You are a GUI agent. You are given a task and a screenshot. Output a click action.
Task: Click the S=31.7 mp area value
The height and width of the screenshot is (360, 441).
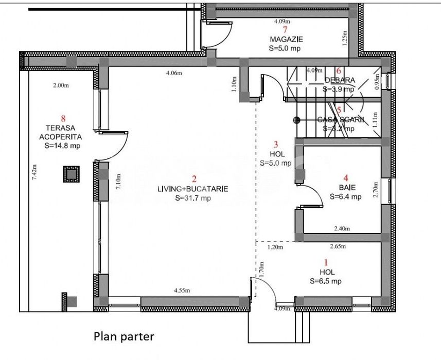coord(193,198)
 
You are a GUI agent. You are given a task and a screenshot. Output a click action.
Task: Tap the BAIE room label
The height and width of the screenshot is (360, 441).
coord(346,187)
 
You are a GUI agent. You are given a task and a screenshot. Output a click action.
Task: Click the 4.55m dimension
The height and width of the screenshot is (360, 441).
coord(181,291)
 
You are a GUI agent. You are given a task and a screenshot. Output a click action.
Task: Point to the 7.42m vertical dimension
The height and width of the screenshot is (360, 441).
coord(34,171)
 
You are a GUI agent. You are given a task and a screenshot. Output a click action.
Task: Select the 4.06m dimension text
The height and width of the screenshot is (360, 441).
coord(174,73)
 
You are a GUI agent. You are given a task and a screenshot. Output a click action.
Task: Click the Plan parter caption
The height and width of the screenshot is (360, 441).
coord(124,337)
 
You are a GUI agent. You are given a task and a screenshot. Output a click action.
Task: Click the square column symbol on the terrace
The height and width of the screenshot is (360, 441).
coord(71,174)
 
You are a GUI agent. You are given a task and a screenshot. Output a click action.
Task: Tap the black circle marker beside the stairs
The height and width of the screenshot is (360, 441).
coord(296,120)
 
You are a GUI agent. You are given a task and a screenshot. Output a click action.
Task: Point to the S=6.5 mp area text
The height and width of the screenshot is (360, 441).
coord(325,281)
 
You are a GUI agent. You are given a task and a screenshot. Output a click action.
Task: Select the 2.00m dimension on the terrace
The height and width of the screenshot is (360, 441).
coord(60,86)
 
